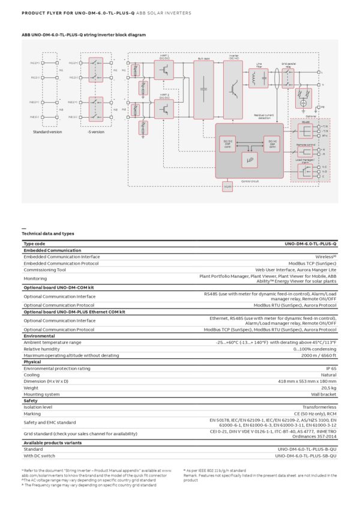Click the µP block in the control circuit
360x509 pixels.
[250, 160]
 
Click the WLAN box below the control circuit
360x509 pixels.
[227, 187]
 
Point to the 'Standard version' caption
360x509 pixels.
[43, 131]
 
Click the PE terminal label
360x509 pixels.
[323, 106]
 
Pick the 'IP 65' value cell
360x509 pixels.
[331, 368]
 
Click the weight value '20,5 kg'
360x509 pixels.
[328, 388]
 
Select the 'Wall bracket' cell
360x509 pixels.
[324, 394]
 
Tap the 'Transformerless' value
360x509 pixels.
[319, 407]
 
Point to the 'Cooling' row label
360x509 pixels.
[32, 375]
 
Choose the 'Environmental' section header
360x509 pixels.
[39, 336]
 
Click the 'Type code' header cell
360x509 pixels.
[34, 244]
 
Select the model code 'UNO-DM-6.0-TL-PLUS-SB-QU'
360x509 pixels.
[306, 456]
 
